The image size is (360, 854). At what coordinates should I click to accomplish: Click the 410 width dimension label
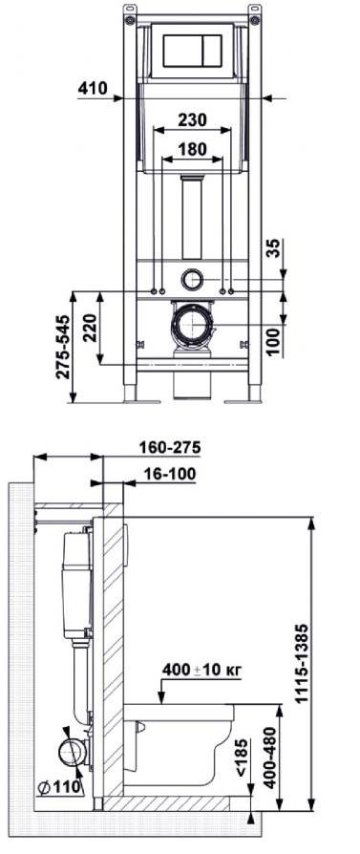(x=93, y=87)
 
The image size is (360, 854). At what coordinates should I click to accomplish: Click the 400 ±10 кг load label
(x=202, y=669)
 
